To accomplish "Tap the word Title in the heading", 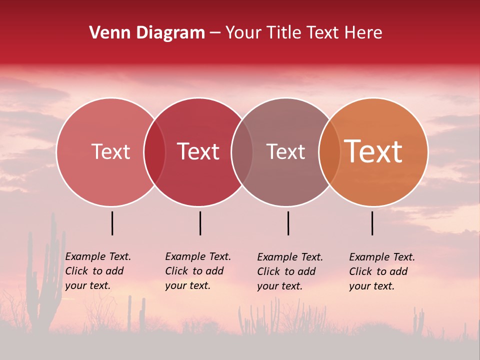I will tap(283, 33).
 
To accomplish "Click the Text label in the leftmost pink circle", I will tap(110, 151).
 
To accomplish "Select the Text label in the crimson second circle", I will tap(198, 151).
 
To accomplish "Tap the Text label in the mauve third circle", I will tap(285, 151).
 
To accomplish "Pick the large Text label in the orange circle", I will tap(373, 151).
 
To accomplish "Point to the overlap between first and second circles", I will tap(154, 152).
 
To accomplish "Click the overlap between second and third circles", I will tap(242, 152).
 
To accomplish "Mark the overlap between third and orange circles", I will tap(329, 152).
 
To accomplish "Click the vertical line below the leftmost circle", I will tap(112, 223).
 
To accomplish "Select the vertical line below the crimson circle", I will tap(200, 223).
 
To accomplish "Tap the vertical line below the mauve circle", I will tap(288, 223).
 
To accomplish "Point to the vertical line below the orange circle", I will tap(372, 223).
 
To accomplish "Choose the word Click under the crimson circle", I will tap(176, 271).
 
